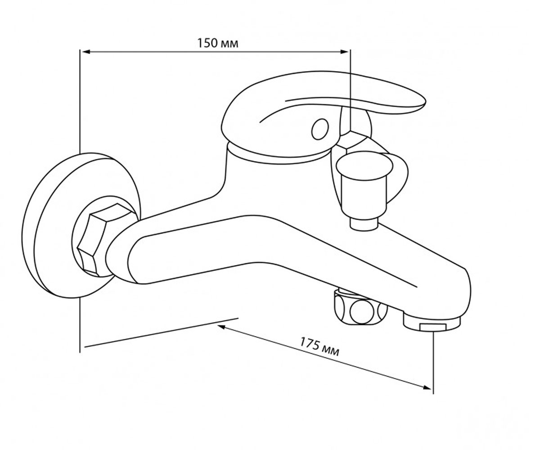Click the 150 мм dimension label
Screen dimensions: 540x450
[x=218, y=43]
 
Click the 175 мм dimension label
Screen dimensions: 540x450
[x=319, y=347]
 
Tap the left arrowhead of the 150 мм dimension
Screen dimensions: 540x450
[x=85, y=52]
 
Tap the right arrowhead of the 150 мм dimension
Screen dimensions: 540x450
[x=344, y=52]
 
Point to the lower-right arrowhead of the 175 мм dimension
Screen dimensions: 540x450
[x=427, y=394]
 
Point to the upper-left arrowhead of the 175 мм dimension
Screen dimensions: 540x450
[x=222, y=327]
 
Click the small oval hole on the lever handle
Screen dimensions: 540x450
[x=320, y=129]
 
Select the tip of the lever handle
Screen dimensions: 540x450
[x=424, y=103]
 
